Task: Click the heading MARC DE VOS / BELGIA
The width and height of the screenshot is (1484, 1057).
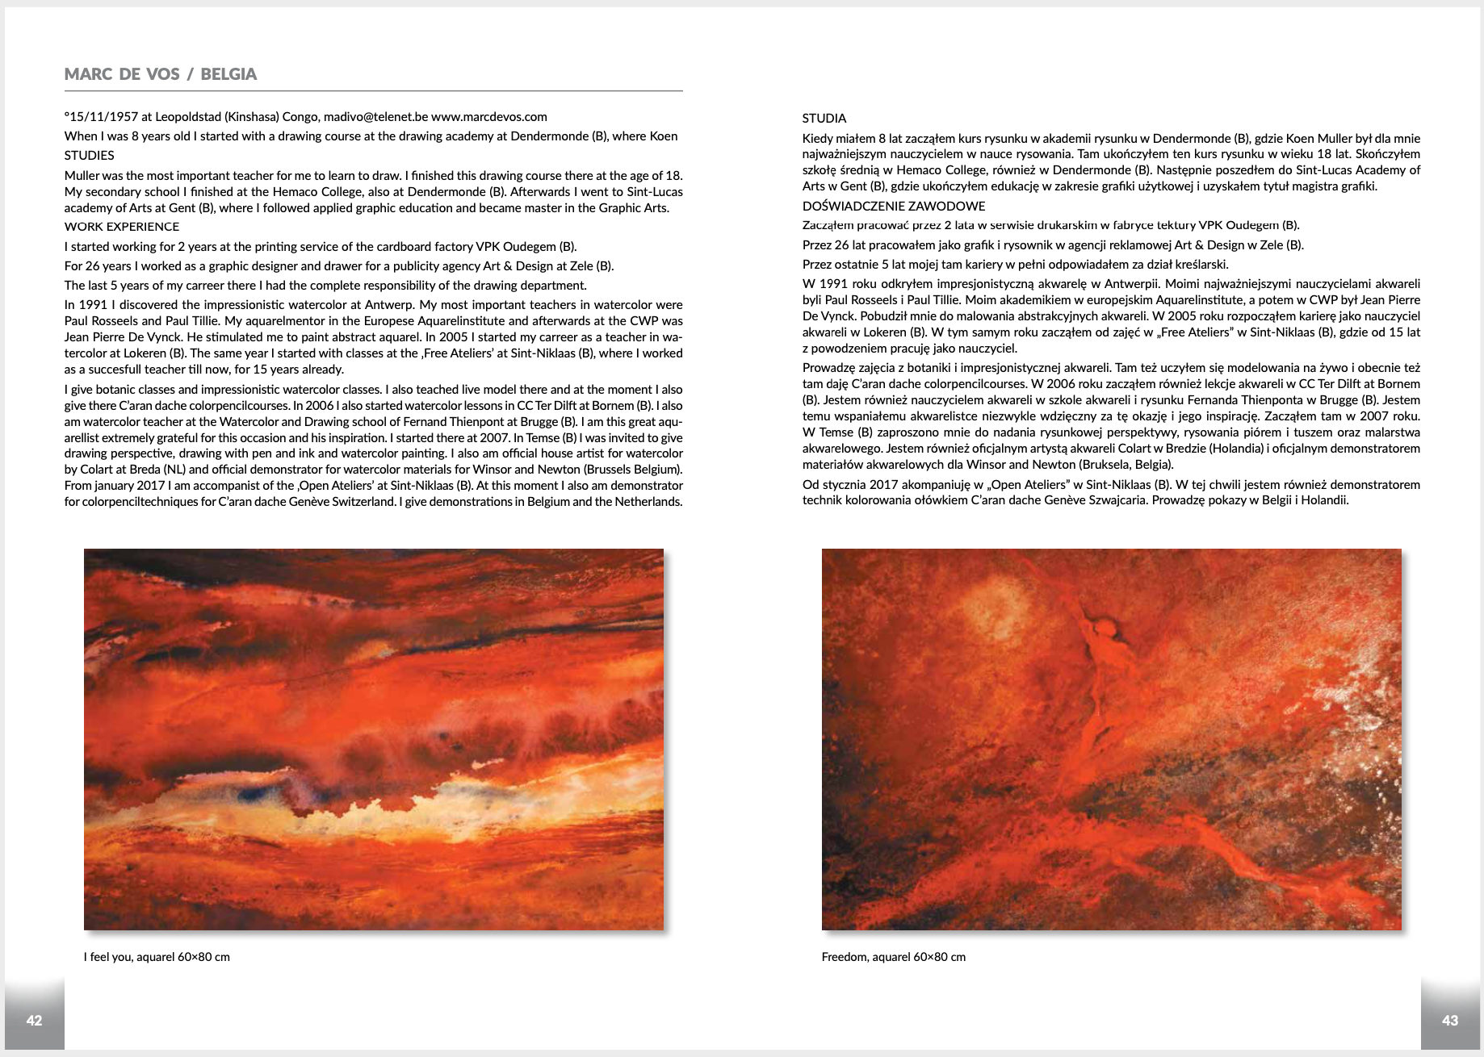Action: pyautogui.click(x=160, y=74)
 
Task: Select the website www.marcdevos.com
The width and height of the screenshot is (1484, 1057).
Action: pyautogui.click(x=489, y=117)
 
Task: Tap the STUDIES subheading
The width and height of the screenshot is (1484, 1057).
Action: pyautogui.click(x=89, y=156)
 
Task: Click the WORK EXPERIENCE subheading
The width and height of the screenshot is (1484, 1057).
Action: pyautogui.click(x=122, y=227)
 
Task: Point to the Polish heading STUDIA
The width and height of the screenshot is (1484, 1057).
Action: pyautogui.click(x=824, y=119)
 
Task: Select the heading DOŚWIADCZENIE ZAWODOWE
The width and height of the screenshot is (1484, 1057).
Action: pyautogui.click(x=894, y=207)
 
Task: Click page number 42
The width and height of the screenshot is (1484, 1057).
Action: pyautogui.click(x=34, y=1021)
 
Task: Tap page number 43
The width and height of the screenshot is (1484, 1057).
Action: pyautogui.click(x=1450, y=1021)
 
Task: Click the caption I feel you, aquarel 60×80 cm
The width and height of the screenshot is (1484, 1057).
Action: pyautogui.click(x=157, y=957)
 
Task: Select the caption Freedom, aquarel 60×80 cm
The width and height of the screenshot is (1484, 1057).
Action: pyautogui.click(x=893, y=957)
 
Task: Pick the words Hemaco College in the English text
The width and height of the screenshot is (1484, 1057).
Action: pyautogui.click(x=321, y=192)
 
